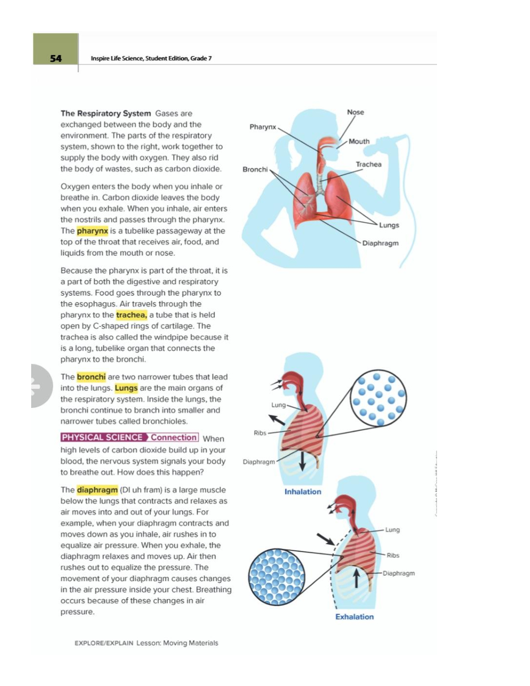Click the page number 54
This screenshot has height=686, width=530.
coord(56,58)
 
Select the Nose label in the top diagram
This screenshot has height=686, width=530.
coord(355,112)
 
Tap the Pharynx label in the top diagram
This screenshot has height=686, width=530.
coord(262,127)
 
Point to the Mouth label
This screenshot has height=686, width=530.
coord(359,141)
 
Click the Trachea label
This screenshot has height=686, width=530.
coord(368,164)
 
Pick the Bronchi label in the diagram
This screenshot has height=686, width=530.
coord(255,169)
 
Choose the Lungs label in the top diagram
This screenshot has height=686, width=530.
coord(389,225)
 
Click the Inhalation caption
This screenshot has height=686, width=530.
coord(302,492)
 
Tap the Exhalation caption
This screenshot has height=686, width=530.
coord(354,617)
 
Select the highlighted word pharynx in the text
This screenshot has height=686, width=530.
coord(92,231)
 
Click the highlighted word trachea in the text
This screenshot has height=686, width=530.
coord(131,315)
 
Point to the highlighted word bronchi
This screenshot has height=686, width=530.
coord(91,377)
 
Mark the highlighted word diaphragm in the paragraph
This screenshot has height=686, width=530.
coord(97,490)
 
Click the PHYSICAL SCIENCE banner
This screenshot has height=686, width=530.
coord(102,438)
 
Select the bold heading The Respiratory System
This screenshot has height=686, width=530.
coord(105,113)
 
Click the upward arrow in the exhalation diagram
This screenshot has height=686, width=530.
coord(356,577)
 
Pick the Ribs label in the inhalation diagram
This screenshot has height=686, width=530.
coord(260,433)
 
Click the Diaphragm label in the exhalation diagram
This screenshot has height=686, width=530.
coord(399,573)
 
